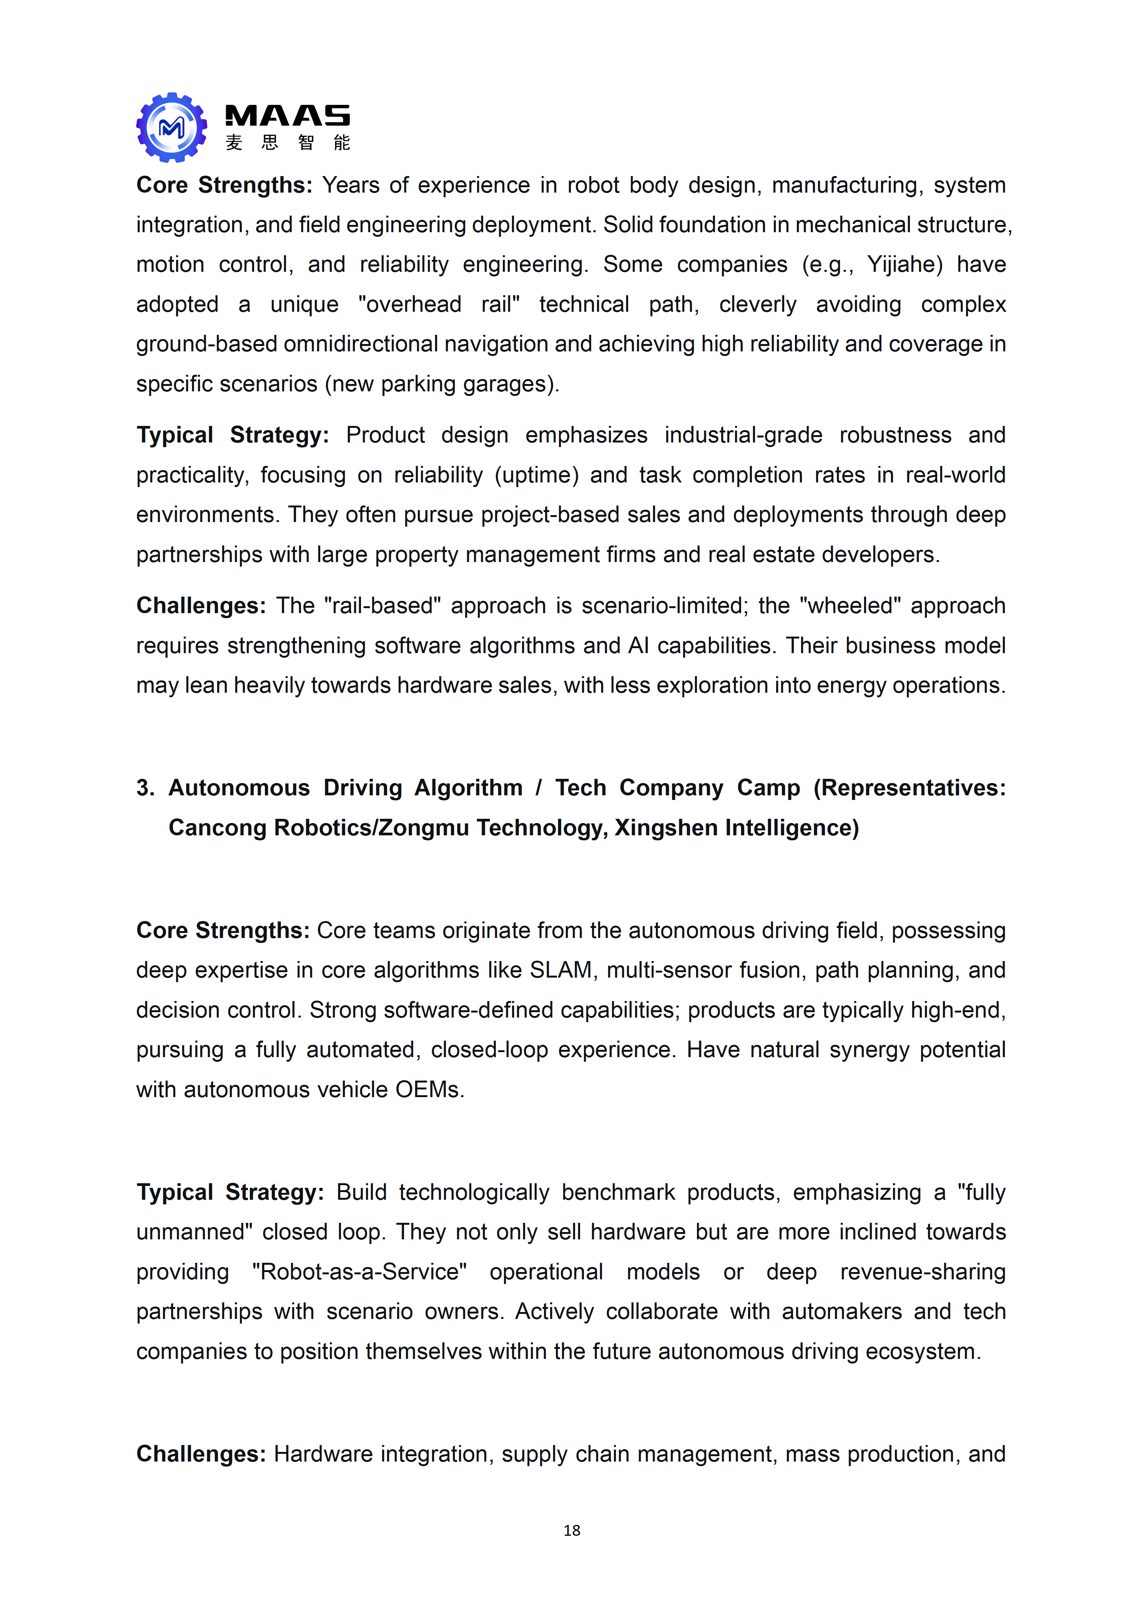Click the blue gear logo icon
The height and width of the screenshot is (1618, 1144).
171,128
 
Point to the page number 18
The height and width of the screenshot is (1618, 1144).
572,1530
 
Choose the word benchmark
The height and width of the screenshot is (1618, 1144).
618,1192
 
